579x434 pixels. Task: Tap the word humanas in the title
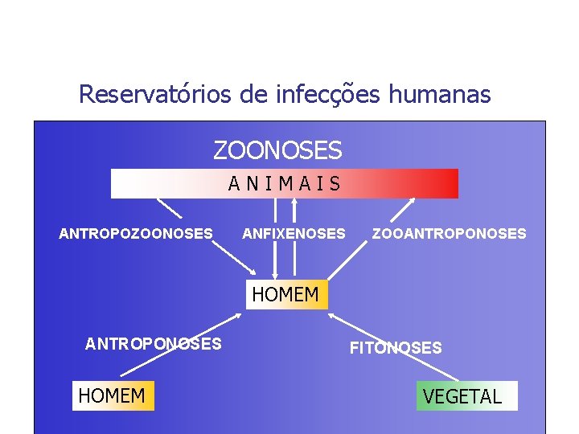coord(439,95)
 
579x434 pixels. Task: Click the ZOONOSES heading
coord(277,150)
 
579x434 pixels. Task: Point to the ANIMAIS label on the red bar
coord(285,184)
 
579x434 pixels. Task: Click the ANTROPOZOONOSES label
coord(136,234)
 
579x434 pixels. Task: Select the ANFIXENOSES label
coord(294,234)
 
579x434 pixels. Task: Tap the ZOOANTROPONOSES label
coord(449,234)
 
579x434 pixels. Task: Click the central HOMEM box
coord(285,295)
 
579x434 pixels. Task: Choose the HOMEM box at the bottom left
coord(113,395)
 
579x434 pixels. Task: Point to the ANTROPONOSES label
coord(154,344)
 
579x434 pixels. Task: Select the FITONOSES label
coord(395,348)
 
